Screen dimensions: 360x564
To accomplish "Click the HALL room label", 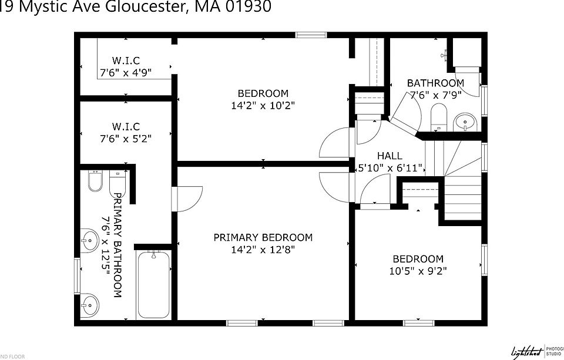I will point(390,156).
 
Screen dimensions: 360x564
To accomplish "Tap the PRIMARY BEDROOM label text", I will point(263,237).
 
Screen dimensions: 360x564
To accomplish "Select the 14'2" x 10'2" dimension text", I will point(263,106).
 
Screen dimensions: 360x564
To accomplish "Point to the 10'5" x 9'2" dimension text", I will point(418,271).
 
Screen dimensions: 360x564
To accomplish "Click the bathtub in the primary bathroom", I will point(153,285).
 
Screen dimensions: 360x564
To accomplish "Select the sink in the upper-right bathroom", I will point(466,122).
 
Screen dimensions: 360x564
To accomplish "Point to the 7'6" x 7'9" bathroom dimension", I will point(435,94).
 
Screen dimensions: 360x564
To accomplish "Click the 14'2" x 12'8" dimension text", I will point(263,250).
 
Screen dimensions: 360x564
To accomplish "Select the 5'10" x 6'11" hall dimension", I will point(390,168).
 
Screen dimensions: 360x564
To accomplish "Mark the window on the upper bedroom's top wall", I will point(311,35).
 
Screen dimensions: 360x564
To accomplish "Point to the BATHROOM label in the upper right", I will point(435,83).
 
